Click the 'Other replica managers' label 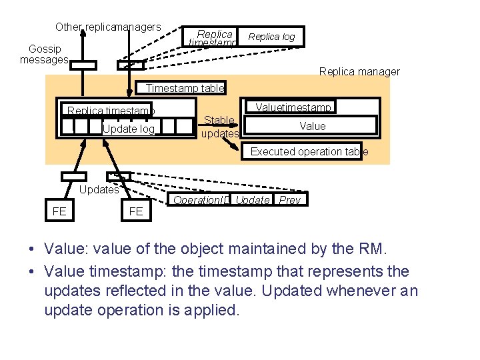pos(108,27)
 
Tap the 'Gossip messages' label pos(45,54)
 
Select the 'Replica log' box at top pos(271,37)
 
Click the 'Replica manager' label pos(359,72)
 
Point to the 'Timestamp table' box pos(185,88)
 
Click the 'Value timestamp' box pos(294,107)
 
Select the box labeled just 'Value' pos(313,126)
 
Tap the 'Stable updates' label pos(219,127)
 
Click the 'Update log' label pos(128,129)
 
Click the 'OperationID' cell pos(201,200)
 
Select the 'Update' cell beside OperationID pos(253,200)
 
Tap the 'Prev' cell pos(290,200)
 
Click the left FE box pos(59,211)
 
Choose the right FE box pos(135,212)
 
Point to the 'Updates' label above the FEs pos(99,189)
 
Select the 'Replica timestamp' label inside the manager pos(110,111)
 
